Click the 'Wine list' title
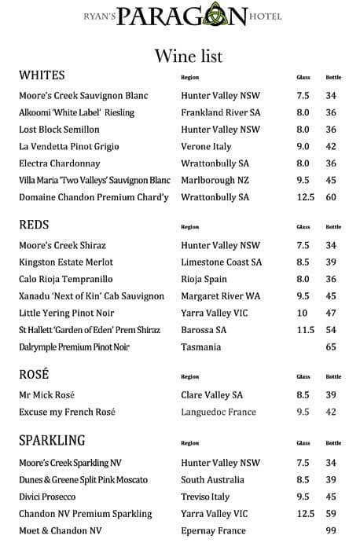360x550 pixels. [189, 56]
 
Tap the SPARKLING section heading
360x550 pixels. [52, 440]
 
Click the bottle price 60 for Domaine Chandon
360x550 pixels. [331, 197]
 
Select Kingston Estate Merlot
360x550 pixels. [66, 262]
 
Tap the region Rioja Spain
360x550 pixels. [204, 279]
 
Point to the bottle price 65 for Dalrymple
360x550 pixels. [331, 346]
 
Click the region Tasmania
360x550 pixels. [200, 346]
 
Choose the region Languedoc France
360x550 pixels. [219, 412]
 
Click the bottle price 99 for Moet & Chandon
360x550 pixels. [331, 531]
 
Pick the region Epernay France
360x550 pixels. [214, 531]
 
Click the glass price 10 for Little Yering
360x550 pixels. [303, 313]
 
